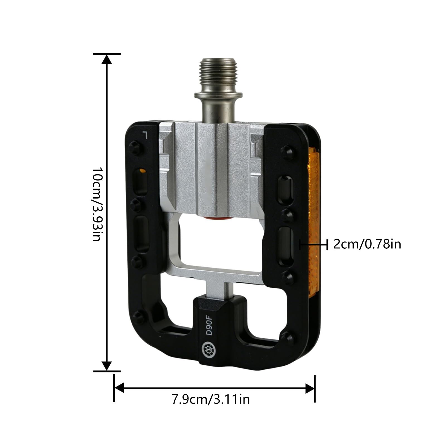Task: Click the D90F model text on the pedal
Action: (209, 324)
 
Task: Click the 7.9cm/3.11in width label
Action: (210, 399)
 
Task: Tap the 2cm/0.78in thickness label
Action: (367, 244)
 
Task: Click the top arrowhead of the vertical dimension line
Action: (106, 59)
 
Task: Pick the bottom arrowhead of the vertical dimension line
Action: (106, 366)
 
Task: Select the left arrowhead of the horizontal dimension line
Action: (119, 388)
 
